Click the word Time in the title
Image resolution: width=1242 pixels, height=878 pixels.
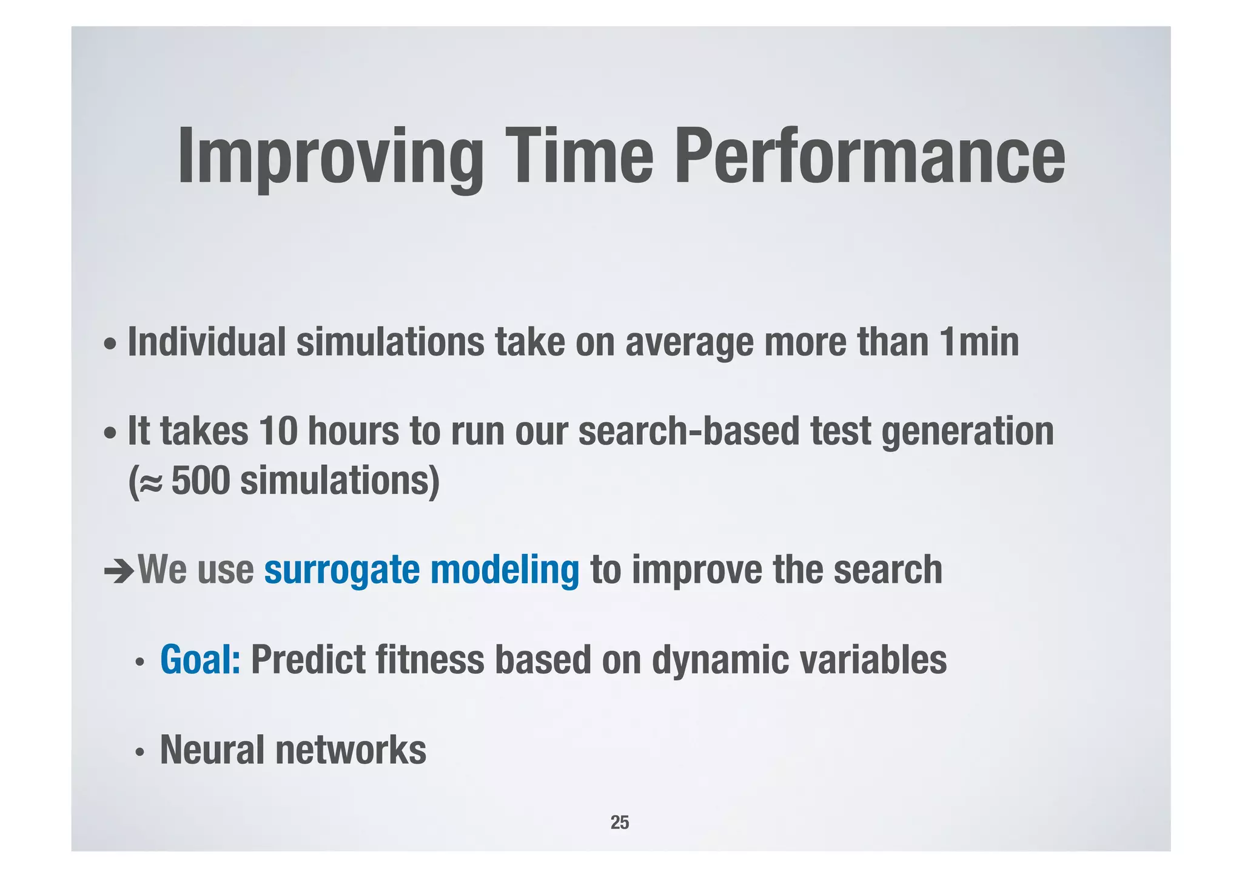pos(579,157)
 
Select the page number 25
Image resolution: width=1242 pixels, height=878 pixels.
pos(620,822)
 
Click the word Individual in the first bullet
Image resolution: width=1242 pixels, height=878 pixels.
pos(206,342)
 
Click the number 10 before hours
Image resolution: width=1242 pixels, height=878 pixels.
pos(278,431)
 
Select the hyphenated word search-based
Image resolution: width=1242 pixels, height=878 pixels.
pos(689,431)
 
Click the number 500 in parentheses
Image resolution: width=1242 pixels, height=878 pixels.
pos(201,481)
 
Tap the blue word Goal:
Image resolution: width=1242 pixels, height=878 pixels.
pos(200,660)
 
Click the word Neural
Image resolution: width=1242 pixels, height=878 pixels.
pos(212,750)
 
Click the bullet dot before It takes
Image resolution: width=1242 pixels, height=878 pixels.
pos(110,434)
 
